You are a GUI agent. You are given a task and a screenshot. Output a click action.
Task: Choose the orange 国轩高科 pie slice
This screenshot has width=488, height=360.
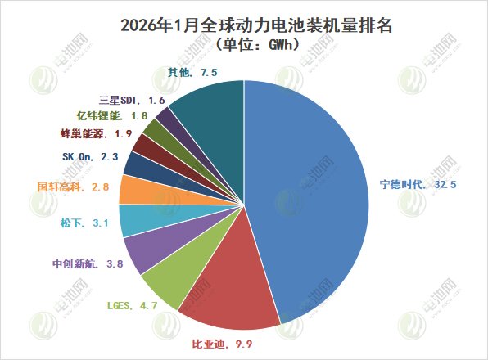[x=134, y=190]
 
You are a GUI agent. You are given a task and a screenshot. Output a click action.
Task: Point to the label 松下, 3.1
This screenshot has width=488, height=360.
[x=84, y=222]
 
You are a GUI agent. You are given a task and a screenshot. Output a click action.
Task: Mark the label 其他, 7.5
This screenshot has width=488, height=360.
[x=192, y=73]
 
